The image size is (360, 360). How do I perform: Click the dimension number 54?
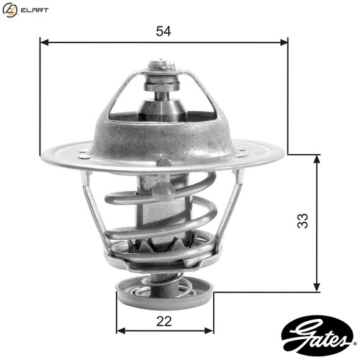click(163, 31)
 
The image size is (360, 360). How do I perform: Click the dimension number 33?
click(302, 220)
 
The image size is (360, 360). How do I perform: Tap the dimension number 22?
click(164, 321)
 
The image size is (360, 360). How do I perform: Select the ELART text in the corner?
click(35, 10)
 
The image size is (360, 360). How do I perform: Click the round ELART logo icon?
click(10, 10)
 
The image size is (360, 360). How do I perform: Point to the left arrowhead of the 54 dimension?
click(45, 42)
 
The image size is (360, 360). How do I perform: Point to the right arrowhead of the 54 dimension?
click(284, 42)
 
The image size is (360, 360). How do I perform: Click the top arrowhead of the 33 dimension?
click(317, 159)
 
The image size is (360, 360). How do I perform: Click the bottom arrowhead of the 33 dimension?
click(317, 287)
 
